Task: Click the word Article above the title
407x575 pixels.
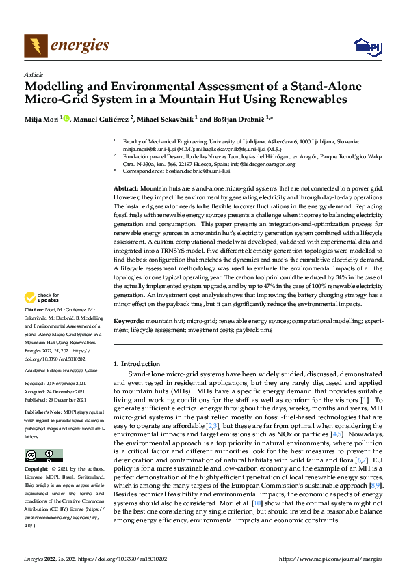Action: (x=34, y=75)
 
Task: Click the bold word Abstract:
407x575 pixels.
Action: (x=126, y=188)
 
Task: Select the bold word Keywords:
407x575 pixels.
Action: (x=129, y=320)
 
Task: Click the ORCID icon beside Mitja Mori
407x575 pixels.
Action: (x=66, y=118)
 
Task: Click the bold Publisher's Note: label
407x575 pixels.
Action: (x=43, y=414)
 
